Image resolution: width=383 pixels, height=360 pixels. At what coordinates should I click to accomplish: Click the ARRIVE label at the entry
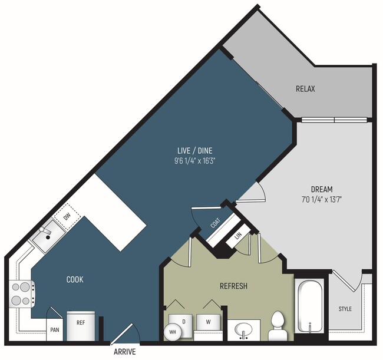pos(124,352)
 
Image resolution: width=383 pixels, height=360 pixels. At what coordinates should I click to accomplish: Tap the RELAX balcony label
pos(305,88)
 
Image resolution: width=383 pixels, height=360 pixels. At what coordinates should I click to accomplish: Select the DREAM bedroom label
pos(322,189)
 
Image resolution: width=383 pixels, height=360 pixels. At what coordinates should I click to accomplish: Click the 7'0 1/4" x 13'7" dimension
pos(322,200)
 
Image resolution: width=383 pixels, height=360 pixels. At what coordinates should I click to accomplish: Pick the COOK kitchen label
pos(75,280)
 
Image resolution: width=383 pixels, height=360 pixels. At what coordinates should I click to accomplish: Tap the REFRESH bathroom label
pos(233,286)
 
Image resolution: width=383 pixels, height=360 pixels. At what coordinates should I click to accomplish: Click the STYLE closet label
pos(345,309)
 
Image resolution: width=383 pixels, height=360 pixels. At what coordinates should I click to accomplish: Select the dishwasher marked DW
pos(67,217)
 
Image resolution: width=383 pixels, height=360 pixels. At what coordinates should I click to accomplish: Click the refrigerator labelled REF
pos(81,326)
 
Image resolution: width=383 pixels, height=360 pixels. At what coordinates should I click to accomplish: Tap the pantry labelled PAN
pos(54,330)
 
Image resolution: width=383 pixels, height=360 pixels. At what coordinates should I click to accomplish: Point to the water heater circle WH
pos(173,332)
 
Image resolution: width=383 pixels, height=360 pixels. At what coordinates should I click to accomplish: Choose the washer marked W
pos(208,322)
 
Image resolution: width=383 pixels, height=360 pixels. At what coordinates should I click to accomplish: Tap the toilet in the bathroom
pos(278,326)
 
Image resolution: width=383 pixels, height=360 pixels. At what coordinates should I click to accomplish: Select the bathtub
pos(310,306)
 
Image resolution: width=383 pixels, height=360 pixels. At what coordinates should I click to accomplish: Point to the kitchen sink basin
pos(48,236)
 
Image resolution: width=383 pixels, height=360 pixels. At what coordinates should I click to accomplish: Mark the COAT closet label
pos(216,223)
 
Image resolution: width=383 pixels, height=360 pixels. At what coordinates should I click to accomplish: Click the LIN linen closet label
pos(238,236)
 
